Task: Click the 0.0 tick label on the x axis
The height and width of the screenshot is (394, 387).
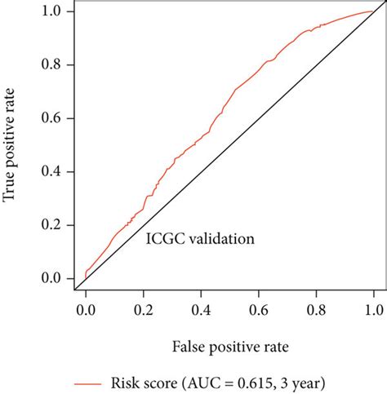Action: [x=84, y=311]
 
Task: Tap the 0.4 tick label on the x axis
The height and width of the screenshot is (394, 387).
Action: [x=200, y=311]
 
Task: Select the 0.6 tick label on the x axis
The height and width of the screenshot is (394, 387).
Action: [x=258, y=311]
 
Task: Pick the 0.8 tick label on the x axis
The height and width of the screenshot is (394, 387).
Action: [x=316, y=311]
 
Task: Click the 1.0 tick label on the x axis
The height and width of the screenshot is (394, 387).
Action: [x=373, y=311]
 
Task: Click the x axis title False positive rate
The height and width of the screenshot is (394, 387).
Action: [x=229, y=347]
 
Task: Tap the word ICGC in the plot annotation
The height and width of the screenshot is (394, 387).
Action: [x=163, y=239]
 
